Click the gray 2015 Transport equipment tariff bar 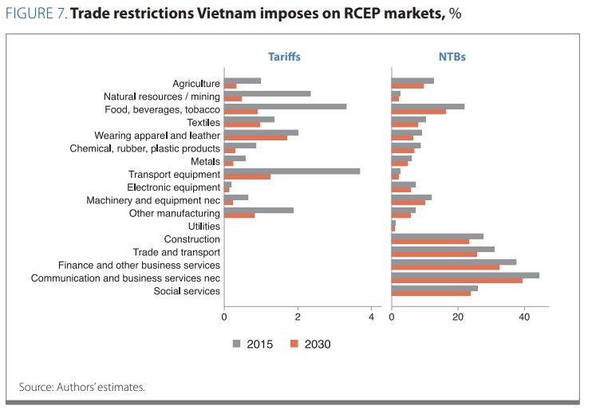[292, 171]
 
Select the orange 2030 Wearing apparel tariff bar [255, 137]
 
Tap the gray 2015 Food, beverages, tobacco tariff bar [285, 105]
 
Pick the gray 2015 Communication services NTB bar [465, 274]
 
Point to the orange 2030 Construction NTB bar [430, 242]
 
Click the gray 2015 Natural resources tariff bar [267, 93]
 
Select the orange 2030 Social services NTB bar [431, 293]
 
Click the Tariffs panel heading [283, 57]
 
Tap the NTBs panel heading [452, 57]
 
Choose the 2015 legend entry [253, 344]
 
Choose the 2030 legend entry [310, 344]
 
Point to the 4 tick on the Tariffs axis [372, 317]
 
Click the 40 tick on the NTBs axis [524, 317]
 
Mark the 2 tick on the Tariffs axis [298, 317]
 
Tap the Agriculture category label [196, 84]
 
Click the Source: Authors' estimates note [82, 387]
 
